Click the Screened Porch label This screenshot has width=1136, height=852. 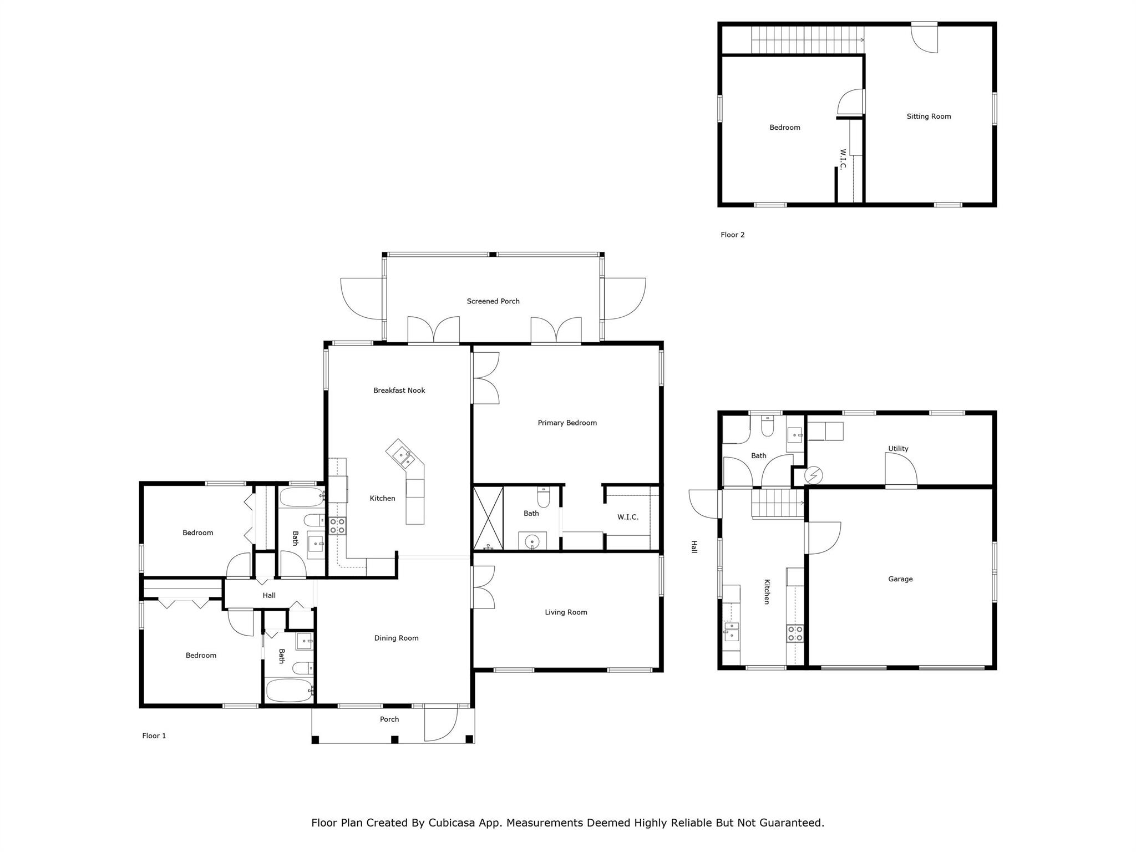[x=493, y=301]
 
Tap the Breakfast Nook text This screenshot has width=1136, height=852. [x=399, y=390]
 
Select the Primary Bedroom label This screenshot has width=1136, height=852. [x=567, y=423]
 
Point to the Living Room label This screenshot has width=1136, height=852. [x=566, y=612]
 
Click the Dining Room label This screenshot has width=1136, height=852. [x=396, y=638]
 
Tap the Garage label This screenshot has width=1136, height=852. [x=900, y=579]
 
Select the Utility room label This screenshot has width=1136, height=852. [x=898, y=449]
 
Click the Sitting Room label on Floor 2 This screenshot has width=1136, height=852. [x=929, y=116]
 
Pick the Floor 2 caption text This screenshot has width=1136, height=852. [x=732, y=235]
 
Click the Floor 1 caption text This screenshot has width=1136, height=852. [x=154, y=736]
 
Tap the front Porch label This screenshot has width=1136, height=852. [x=389, y=719]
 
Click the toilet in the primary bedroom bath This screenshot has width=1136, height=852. [x=543, y=497]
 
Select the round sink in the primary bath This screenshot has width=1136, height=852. [x=532, y=541]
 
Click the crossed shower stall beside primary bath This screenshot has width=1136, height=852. [x=488, y=518]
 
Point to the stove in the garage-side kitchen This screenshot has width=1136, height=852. [x=795, y=633]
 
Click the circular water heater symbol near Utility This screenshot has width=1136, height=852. [x=814, y=475]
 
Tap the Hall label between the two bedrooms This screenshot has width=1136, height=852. [x=269, y=596]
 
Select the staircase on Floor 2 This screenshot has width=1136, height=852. [x=807, y=40]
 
